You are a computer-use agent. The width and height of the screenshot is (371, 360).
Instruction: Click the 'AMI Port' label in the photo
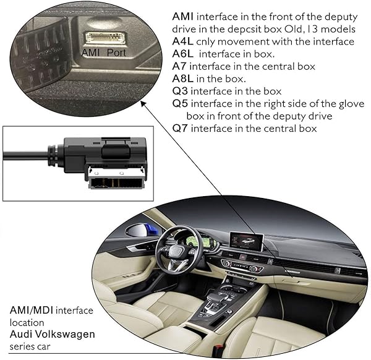coord(103,53)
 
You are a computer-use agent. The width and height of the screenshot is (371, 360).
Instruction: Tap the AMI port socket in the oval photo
coord(106,38)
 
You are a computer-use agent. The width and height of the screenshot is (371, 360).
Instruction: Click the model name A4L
coord(182,41)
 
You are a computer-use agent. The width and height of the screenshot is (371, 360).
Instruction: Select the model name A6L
coord(182,54)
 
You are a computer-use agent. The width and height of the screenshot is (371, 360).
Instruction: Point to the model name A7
coord(179,66)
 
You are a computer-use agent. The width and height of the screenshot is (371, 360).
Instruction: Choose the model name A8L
coord(182,79)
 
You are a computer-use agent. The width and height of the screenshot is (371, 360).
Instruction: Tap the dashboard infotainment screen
coord(247,242)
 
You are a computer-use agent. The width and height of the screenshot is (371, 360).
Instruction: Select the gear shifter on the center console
coord(215,299)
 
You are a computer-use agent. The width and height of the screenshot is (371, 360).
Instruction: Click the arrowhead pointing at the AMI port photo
coord(143,103)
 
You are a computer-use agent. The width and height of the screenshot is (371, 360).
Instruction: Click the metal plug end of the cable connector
coord(116,178)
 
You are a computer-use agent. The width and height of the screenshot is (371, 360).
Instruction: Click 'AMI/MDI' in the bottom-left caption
coord(32,310)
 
